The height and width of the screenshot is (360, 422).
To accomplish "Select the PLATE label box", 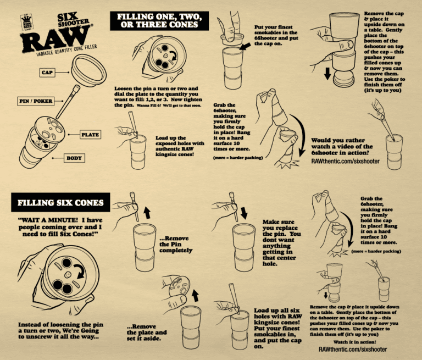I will coord(90,134).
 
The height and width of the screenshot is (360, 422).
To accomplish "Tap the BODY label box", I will coord(74,158).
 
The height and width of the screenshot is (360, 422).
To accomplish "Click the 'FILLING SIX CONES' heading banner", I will coord(61,203).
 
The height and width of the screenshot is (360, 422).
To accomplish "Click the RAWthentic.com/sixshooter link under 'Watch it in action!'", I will coord(352,349).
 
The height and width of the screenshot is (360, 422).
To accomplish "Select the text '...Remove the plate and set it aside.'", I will coord(147,332).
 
